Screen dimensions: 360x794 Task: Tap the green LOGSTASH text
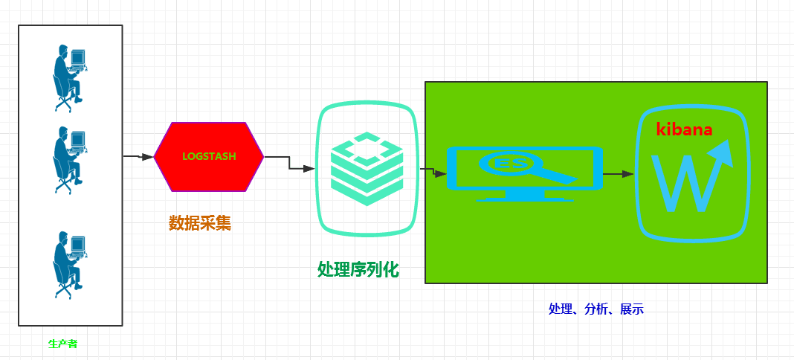(x=208, y=157)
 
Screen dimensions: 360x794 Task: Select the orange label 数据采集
(x=199, y=222)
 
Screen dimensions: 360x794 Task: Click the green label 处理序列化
(x=358, y=269)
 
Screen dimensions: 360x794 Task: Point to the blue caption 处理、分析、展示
(x=595, y=309)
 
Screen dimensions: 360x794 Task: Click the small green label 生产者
(x=63, y=344)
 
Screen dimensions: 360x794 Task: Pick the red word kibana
(x=684, y=129)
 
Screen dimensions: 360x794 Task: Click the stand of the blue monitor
(x=524, y=196)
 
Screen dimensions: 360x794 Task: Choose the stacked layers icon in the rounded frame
(x=367, y=170)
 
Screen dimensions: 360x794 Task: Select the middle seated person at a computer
(x=69, y=159)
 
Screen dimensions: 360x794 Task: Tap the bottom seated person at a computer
(x=69, y=264)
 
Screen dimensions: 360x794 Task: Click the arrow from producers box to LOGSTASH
(x=138, y=157)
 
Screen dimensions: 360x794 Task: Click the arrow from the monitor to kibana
(x=619, y=173)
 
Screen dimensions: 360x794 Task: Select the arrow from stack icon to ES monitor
(x=434, y=173)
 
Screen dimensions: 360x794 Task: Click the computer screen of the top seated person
(x=77, y=57)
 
